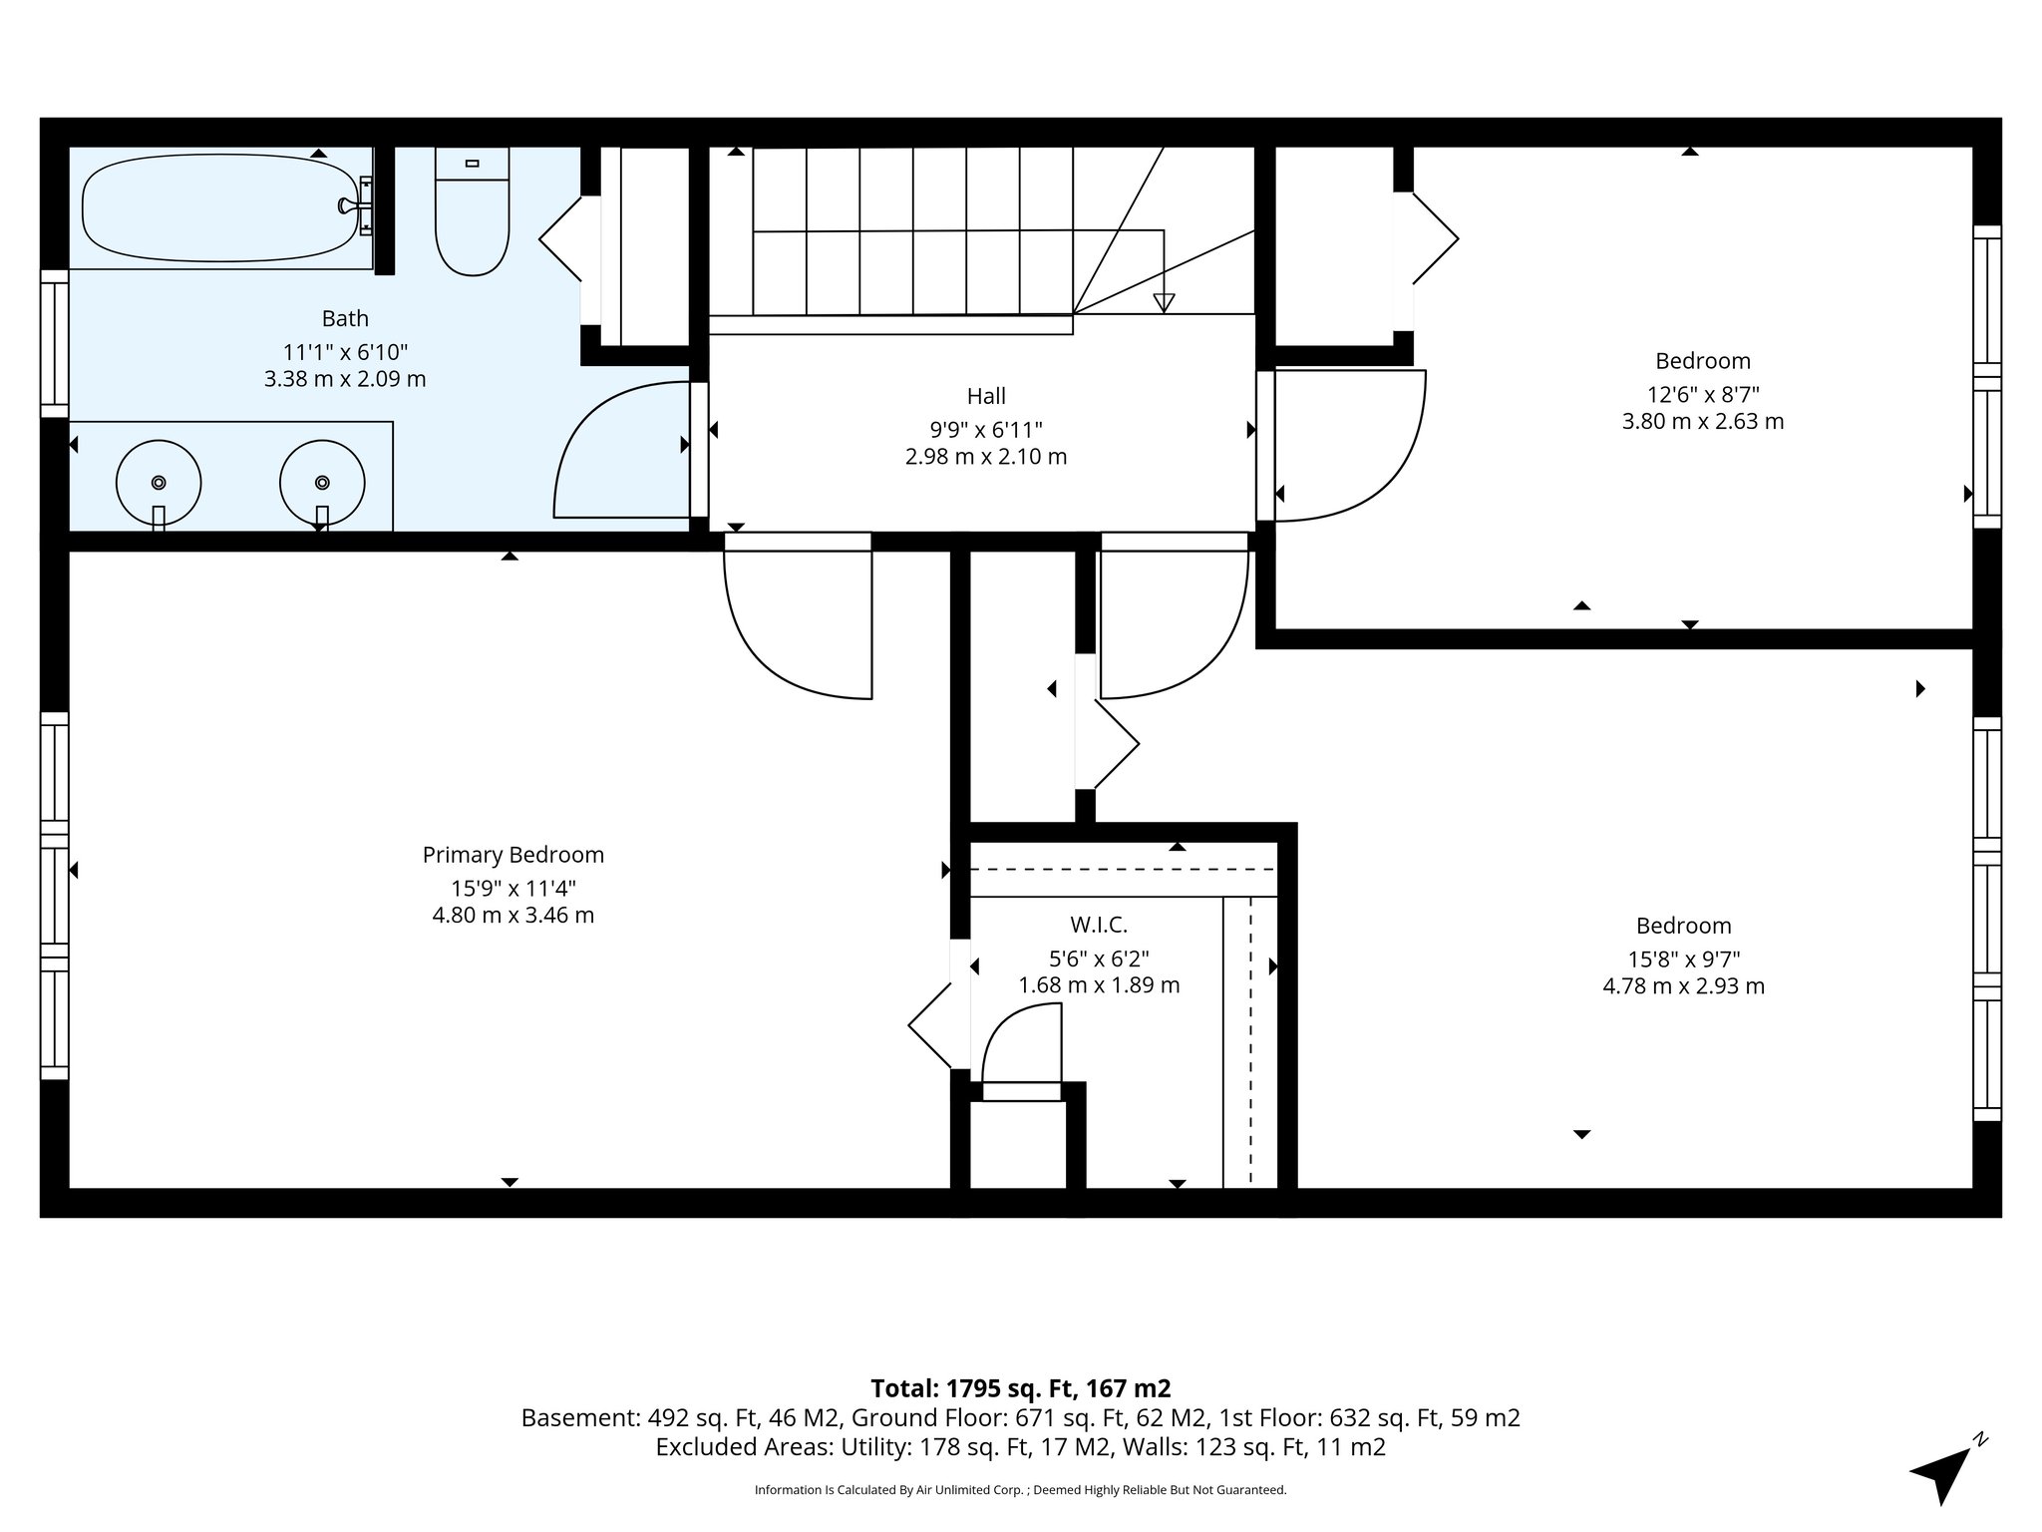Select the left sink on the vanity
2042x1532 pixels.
tap(159, 483)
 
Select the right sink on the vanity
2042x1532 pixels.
tap(322, 483)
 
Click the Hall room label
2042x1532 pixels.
tap(985, 397)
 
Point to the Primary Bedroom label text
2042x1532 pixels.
tap(512, 855)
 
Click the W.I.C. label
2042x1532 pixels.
tap(1098, 926)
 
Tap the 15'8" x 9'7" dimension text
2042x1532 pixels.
tap(1683, 959)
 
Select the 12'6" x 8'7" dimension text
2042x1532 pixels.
tap(1702, 394)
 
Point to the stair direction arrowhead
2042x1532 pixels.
tap(1163, 303)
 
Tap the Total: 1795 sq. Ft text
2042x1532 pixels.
tap(1020, 1388)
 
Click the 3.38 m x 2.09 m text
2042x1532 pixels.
tap(345, 379)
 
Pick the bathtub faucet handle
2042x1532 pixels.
tap(349, 206)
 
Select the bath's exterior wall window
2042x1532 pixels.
tap(54, 343)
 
